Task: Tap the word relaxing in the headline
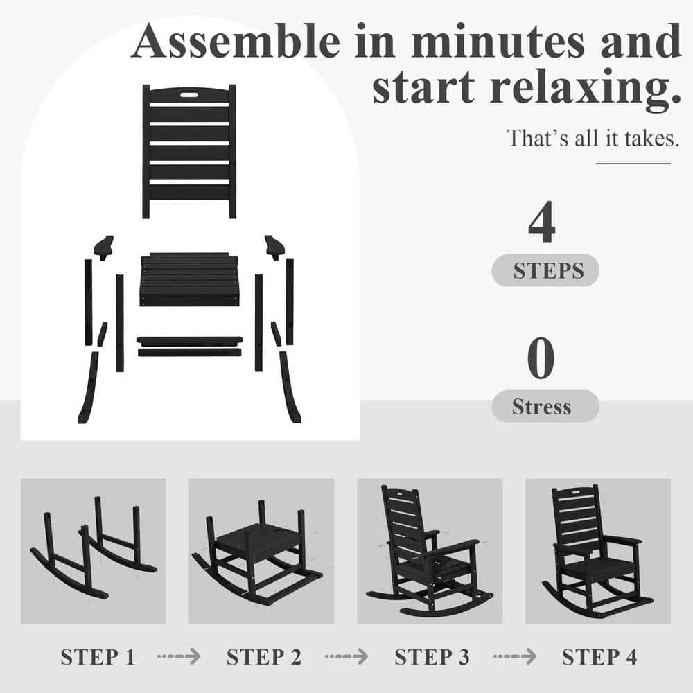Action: tap(585, 88)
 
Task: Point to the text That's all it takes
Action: tap(593, 138)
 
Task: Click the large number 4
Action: tap(542, 222)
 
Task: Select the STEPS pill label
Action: tap(545, 270)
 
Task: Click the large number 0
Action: tap(541, 358)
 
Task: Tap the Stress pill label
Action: tap(545, 405)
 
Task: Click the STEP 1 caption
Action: tap(97, 657)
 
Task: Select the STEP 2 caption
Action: tap(264, 657)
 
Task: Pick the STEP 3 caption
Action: tap(432, 657)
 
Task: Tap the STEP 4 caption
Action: tap(599, 657)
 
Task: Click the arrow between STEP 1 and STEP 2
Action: tap(179, 656)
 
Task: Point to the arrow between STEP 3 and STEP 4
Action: tap(515, 656)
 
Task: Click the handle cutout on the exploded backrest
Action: tap(189, 95)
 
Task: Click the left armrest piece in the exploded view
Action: tap(105, 247)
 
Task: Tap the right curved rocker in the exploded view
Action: tap(290, 387)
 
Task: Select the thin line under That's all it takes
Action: tap(633, 164)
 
